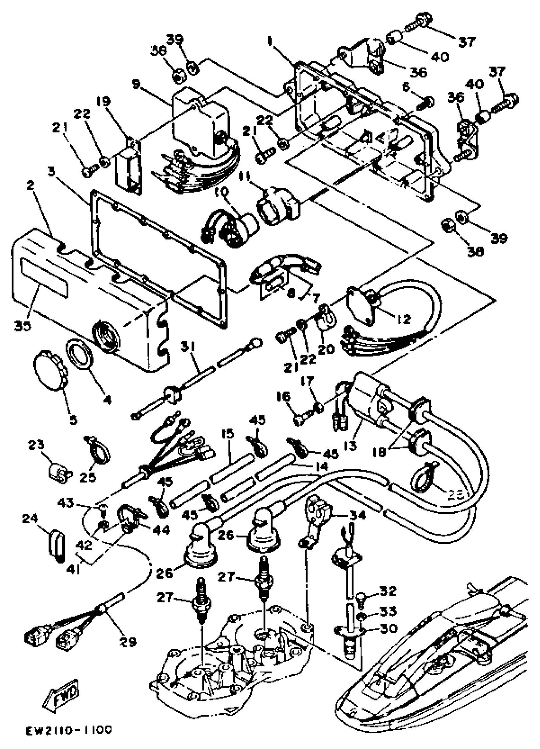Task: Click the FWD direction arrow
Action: coord(63,694)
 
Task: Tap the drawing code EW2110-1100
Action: coord(69,731)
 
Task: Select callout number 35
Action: coord(23,325)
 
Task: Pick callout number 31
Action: coord(188,347)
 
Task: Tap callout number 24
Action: coord(30,519)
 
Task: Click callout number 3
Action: coord(51,172)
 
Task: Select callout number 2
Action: coord(30,185)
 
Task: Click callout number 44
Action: coord(161,530)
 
